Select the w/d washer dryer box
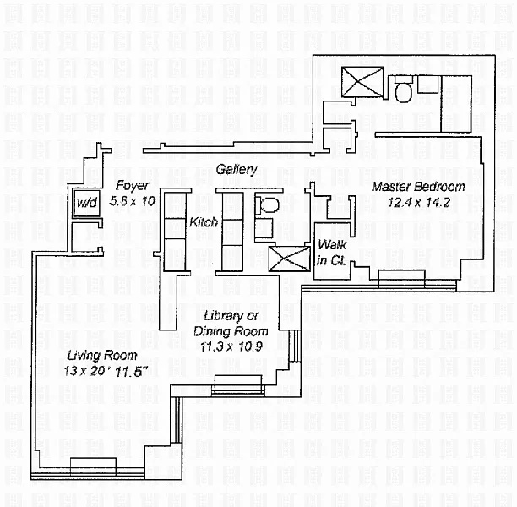86,204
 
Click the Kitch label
204,223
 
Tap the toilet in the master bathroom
403,89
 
